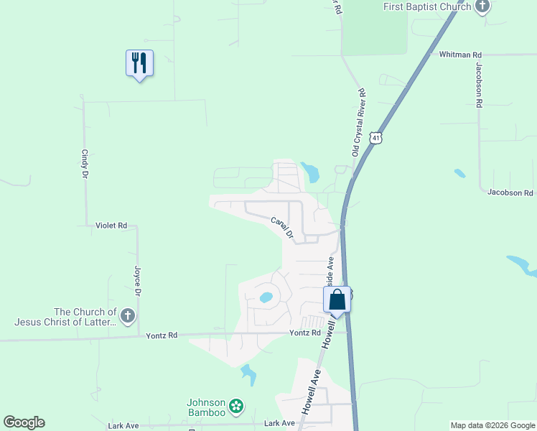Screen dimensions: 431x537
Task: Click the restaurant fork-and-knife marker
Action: tap(139, 63)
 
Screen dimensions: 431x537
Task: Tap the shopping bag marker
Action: tap(337, 301)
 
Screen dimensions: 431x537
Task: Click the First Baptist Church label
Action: tap(426, 6)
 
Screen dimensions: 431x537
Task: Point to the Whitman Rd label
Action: tap(460, 55)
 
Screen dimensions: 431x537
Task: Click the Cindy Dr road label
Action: tap(85, 164)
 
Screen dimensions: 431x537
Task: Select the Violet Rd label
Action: tap(111, 226)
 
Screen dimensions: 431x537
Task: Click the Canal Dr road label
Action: tap(283, 228)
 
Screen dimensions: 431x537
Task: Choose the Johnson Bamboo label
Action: tap(207, 407)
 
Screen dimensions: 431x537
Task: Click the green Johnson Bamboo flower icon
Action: tap(236, 407)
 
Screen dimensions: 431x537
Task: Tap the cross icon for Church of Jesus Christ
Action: tap(127, 316)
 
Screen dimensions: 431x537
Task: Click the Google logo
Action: tap(24, 422)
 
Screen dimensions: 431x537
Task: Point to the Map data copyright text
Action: tap(492, 425)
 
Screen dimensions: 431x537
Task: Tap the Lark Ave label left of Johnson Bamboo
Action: tap(123, 426)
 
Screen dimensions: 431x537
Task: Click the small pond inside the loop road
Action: tap(266, 297)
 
